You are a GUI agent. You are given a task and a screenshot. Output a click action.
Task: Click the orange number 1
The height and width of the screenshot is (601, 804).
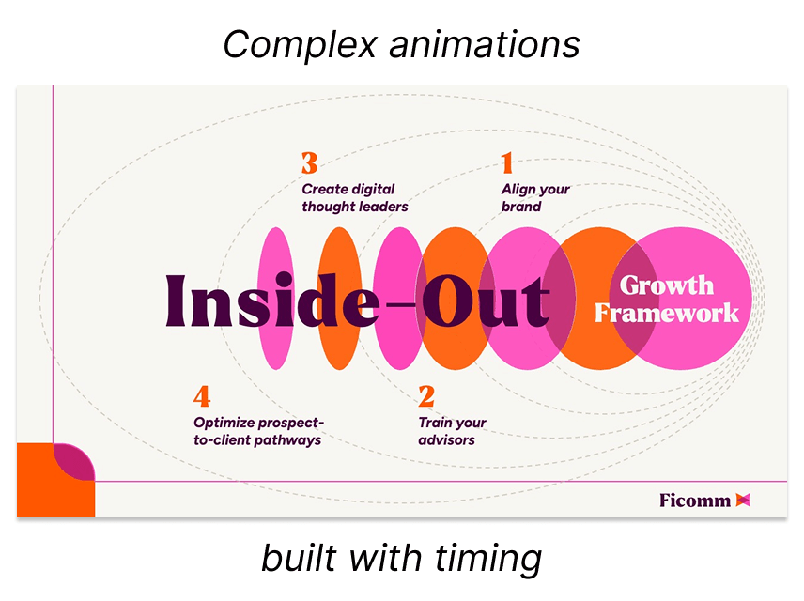(507, 163)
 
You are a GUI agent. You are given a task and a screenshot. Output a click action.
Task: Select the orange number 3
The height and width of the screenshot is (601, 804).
(310, 163)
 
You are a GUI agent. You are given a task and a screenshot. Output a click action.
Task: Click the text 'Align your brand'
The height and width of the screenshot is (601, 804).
(535, 198)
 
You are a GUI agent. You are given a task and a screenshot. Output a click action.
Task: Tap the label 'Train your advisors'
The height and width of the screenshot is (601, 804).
(452, 431)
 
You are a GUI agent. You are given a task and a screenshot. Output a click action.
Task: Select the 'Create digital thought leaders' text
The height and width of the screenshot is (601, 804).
(355, 198)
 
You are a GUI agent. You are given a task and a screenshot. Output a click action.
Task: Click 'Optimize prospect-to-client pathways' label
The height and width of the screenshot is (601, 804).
(257, 431)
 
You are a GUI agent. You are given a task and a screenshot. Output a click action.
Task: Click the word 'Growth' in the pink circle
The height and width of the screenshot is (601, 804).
(667, 285)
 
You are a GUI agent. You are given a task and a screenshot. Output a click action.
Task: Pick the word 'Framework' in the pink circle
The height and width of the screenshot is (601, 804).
(667, 313)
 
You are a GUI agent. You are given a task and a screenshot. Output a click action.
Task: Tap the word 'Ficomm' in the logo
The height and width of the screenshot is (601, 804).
(695, 500)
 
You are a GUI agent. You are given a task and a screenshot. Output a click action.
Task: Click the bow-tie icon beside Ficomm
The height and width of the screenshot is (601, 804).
(744, 500)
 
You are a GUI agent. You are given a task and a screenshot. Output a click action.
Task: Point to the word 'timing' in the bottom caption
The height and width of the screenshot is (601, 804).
(487, 559)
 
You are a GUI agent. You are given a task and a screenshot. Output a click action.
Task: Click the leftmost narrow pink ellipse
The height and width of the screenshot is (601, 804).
(274, 298)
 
